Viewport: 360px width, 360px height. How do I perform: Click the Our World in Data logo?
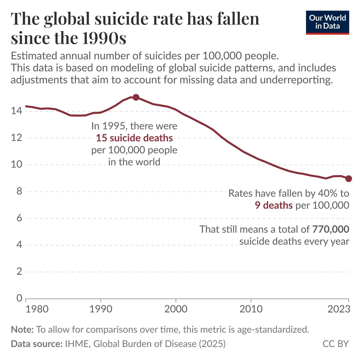click(x=327, y=22)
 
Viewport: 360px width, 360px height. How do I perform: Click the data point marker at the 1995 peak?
click(x=136, y=97)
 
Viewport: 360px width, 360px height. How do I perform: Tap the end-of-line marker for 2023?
click(x=348, y=178)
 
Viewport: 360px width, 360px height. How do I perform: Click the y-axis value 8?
click(x=19, y=191)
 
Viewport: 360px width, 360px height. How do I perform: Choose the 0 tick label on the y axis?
click(x=19, y=298)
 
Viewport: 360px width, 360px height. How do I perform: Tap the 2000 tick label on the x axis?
click(x=175, y=309)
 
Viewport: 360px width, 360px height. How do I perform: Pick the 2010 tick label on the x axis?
click(x=250, y=309)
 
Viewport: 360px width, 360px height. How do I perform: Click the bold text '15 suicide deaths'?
click(x=134, y=138)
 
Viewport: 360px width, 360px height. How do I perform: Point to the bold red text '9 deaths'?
click(x=274, y=205)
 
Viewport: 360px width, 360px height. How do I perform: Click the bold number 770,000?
click(x=331, y=229)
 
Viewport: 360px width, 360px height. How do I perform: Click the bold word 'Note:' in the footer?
click(x=22, y=330)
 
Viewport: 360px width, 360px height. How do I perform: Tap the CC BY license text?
click(x=336, y=343)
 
